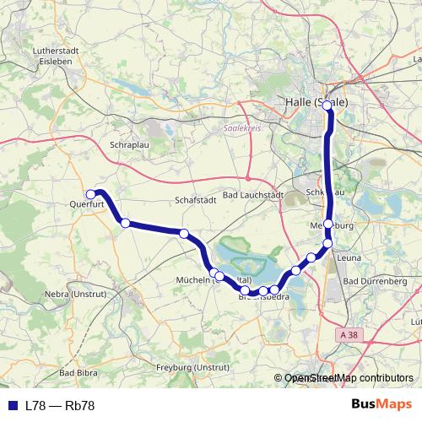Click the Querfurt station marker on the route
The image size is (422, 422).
(91, 194)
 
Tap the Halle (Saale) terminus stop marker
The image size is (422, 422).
(329, 108)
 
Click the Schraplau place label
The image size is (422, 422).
(129, 145)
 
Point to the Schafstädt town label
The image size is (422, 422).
(196, 200)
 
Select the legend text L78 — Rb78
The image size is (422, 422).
(59, 405)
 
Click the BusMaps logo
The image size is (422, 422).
(381, 404)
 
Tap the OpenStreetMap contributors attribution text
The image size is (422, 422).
(349, 379)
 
